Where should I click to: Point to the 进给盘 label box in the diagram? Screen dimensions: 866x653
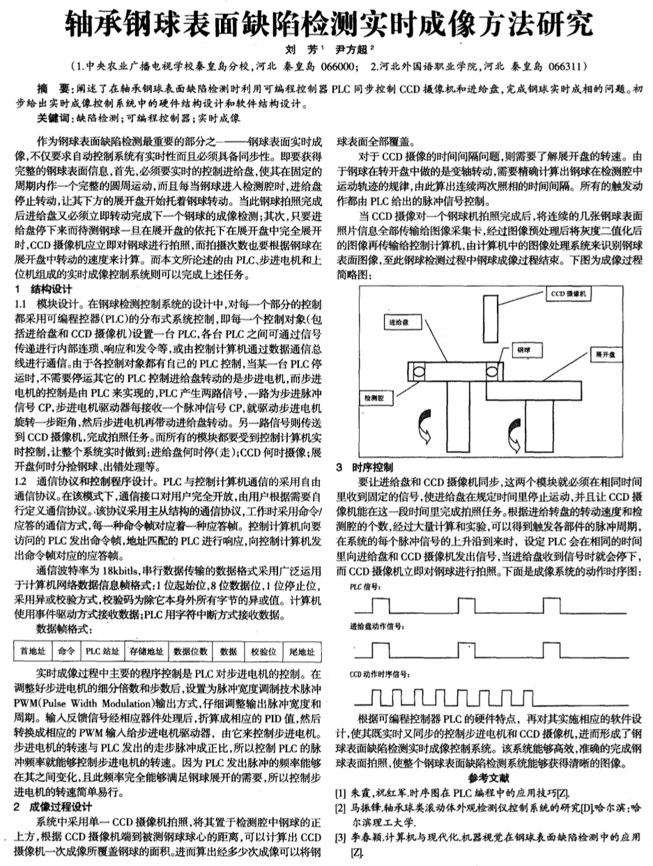click(401, 323)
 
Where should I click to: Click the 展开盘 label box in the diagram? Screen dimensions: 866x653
click(604, 354)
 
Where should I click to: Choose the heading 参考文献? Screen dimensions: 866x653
click(489, 777)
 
